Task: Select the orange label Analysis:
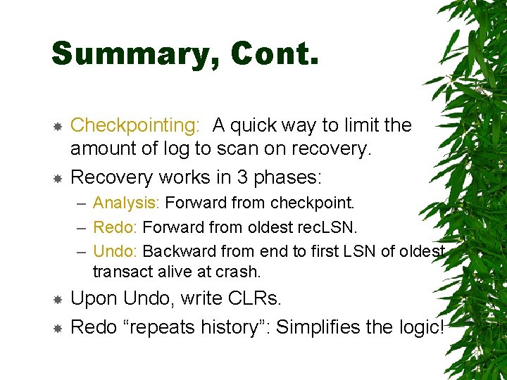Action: [127, 204]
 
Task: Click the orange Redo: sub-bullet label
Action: [116, 227]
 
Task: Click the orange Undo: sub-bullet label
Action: [116, 251]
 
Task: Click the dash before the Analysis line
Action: [80, 204]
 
